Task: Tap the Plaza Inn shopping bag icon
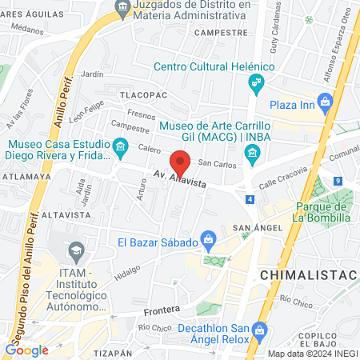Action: [x=325, y=102]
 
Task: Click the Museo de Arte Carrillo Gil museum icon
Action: [x=252, y=152]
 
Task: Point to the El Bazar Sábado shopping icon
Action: [x=208, y=238]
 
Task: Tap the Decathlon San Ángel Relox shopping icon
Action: [x=258, y=330]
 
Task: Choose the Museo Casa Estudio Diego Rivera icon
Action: [x=121, y=146]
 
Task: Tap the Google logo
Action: [x=27, y=350]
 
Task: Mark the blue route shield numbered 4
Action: [x=251, y=199]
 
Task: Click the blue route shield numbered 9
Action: [x=338, y=182]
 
